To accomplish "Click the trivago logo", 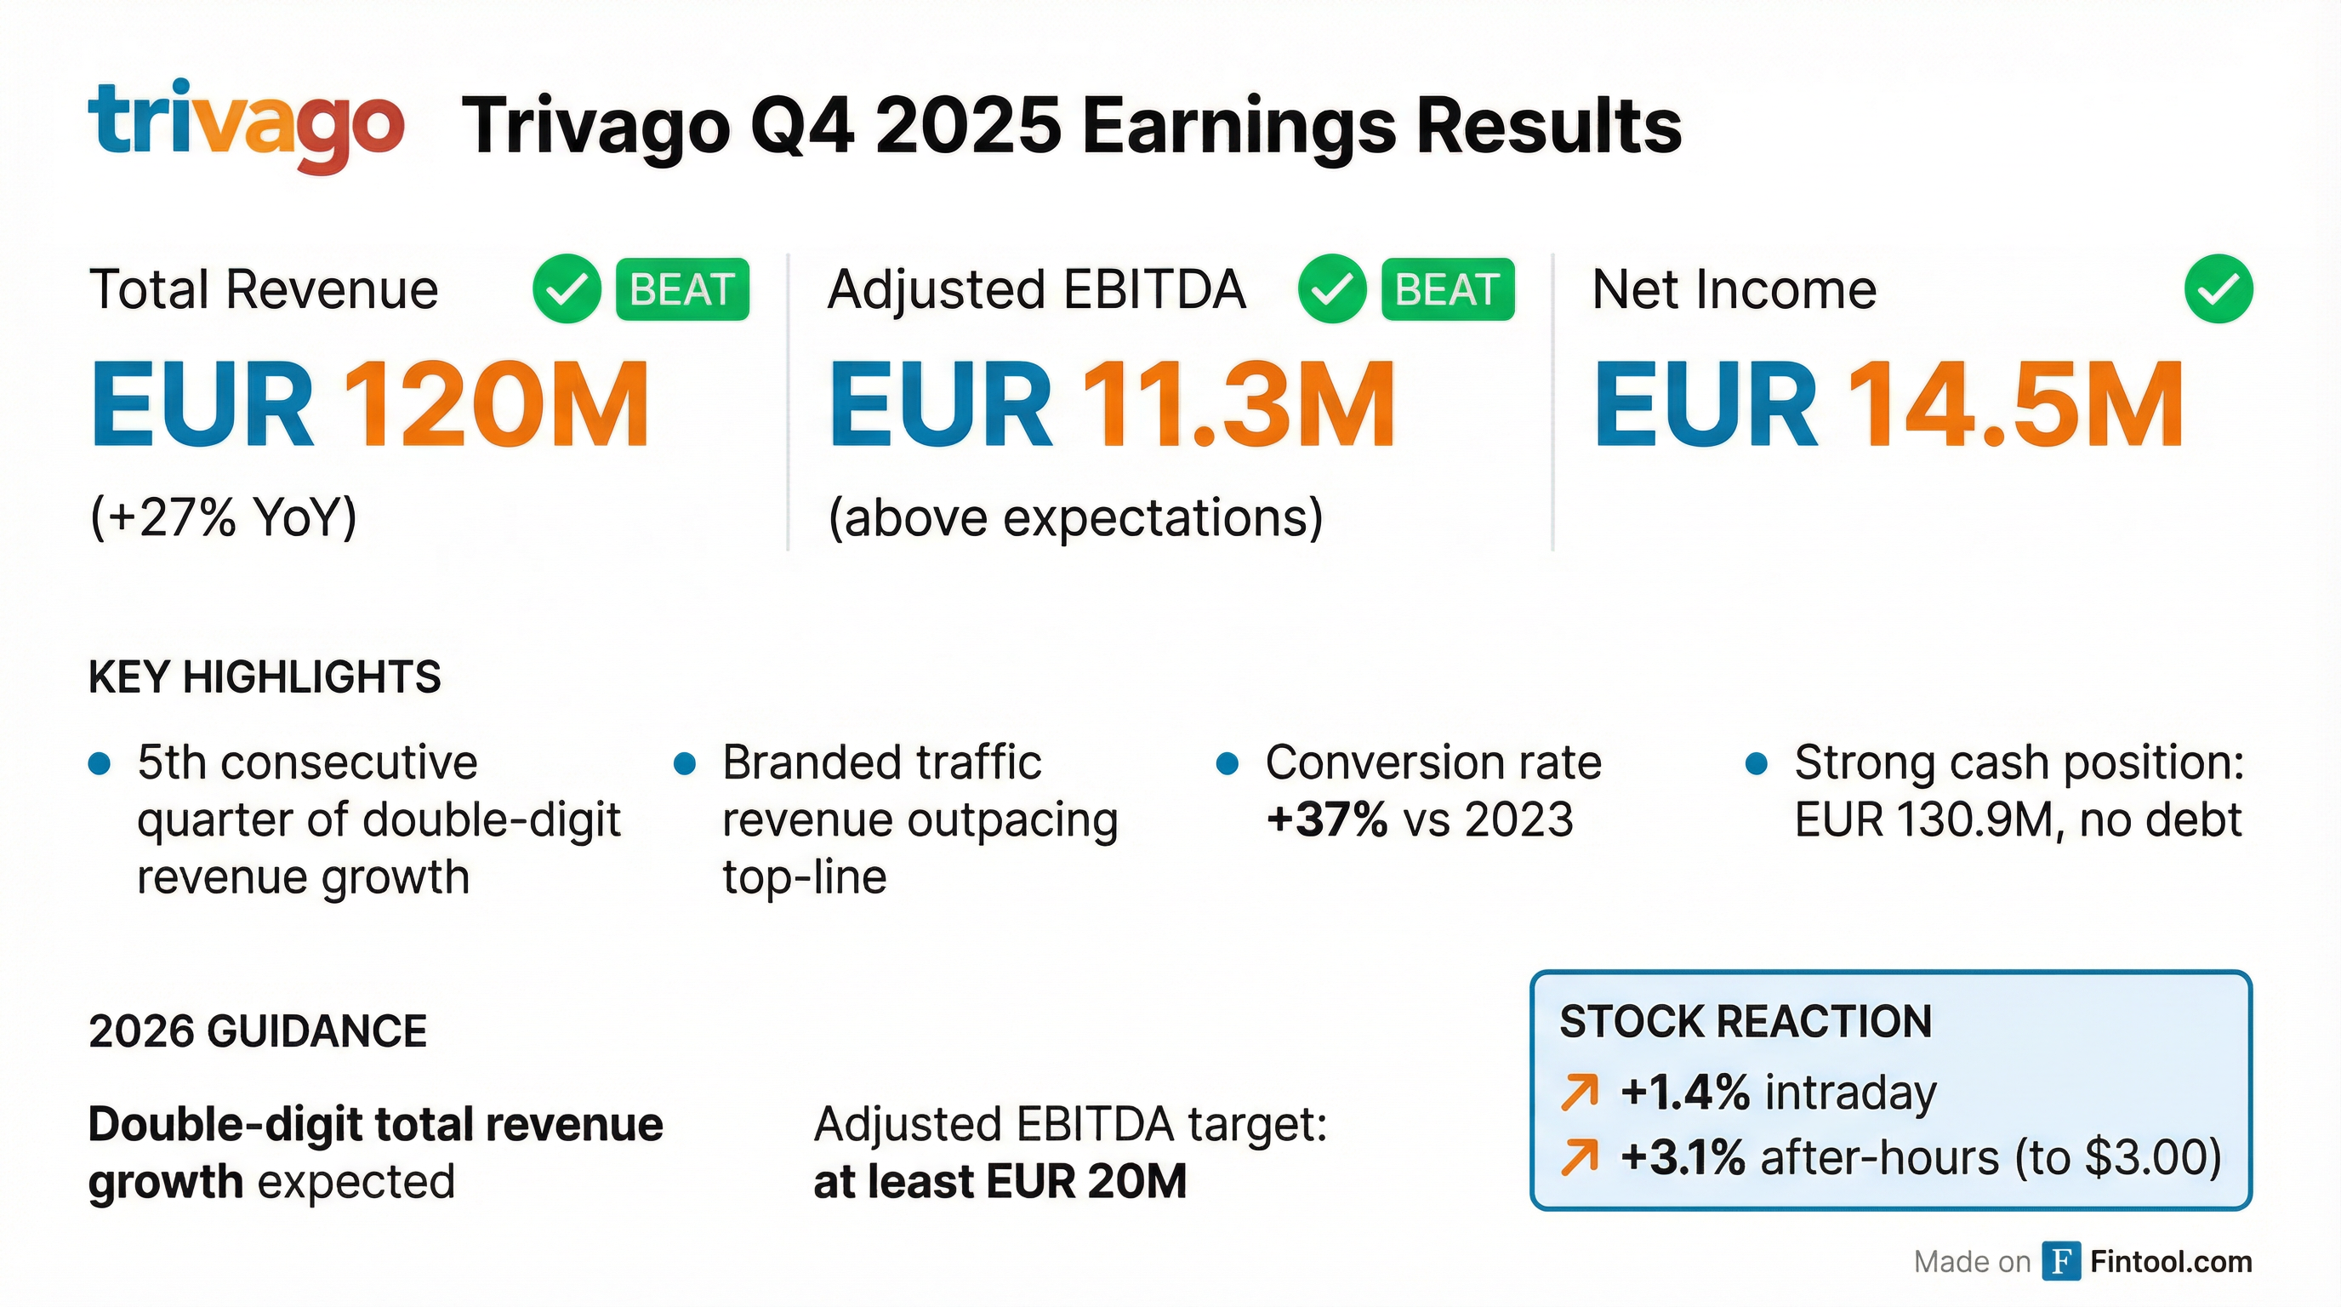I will [245, 124].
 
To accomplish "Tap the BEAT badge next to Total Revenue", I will [681, 290].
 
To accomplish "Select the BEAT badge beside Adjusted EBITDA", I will [1447, 290].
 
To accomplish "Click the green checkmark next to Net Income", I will [2218, 290].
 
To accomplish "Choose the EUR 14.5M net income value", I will [1888, 404].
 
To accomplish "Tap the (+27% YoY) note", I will [224, 518].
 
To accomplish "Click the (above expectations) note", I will [1075, 518].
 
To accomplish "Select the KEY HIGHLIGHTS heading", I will [265, 678].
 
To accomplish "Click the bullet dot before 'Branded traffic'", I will [684, 763].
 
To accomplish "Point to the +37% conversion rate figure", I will [1326, 819].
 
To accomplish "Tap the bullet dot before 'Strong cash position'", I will [1757, 763].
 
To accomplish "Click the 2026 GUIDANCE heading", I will [257, 1031].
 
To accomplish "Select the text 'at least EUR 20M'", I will [1000, 1182].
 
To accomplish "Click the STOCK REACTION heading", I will [1746, 1023].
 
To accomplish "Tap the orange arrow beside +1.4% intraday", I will [1580, 1092].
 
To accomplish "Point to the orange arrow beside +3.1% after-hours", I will [1580, 1158].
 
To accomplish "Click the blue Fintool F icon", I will [2061, 1262].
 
